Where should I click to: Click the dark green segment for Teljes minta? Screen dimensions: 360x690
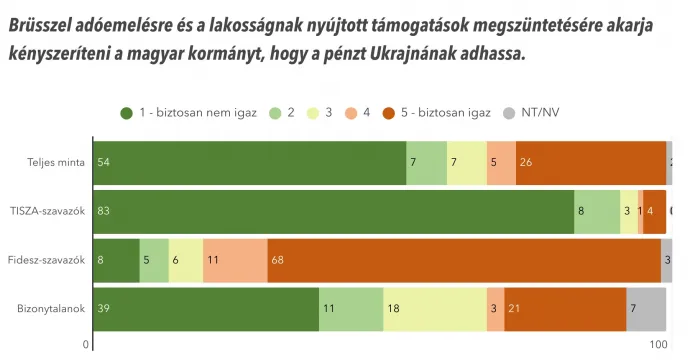[249, 162]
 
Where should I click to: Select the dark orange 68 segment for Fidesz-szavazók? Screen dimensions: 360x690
[463, 260]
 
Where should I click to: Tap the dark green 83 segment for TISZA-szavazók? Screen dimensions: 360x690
[333, 211]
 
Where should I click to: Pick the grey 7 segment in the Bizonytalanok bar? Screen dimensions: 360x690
[646, 309]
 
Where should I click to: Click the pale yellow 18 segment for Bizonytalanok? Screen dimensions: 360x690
[434, 309]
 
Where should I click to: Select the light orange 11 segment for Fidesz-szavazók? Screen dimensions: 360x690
[235, 260]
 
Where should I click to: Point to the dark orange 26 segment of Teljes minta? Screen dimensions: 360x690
[591, 162]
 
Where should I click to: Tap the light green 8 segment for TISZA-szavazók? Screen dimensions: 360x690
[597, 211]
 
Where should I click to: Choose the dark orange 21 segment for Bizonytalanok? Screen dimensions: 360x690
[565, 309]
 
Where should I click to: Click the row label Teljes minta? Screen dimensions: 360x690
[55, 162]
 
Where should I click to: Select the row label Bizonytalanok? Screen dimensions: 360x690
[51, 309]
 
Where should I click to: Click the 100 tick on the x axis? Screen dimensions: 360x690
[658, 346]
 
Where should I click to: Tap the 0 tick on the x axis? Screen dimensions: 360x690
[87, 346]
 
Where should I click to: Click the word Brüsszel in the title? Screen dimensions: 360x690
[46, 26]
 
